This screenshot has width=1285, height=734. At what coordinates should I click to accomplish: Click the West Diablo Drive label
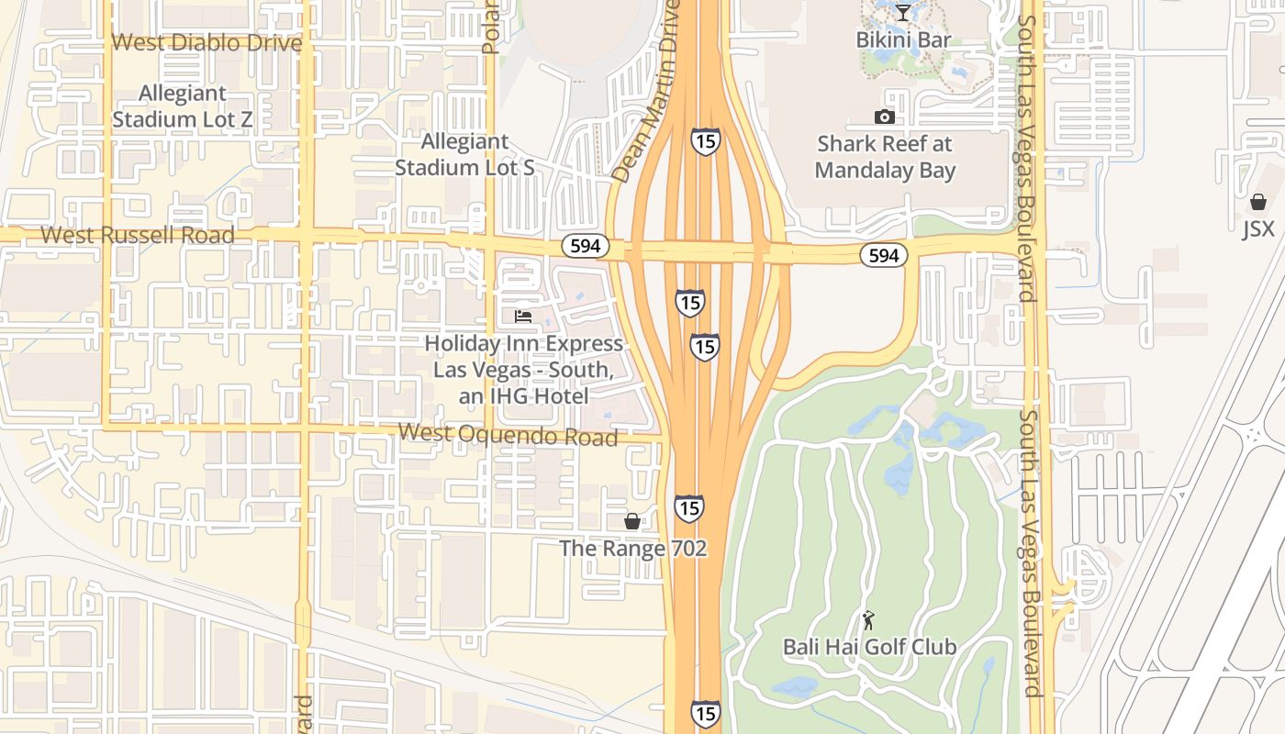point(207,43)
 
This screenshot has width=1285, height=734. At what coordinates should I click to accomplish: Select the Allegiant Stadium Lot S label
point(464,155)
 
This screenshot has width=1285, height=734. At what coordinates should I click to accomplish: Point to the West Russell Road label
point(138,235)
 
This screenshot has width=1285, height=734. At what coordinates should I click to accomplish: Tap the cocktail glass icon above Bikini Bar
point(903,13)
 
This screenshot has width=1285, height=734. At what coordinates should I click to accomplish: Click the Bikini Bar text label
point(903,39)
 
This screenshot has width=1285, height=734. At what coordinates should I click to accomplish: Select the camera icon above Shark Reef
point(885,117)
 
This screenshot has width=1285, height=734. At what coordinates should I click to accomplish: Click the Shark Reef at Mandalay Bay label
point(885,157)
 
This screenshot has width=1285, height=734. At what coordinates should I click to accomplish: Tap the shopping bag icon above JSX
point(1258,202)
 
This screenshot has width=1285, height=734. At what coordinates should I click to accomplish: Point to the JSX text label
point(1258,228)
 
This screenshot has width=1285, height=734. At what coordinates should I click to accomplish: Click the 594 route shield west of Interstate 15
point(585,246)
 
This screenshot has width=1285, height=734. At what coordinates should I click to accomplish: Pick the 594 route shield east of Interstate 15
point(883,255)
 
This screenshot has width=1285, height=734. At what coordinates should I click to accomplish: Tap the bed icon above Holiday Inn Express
point(523,317)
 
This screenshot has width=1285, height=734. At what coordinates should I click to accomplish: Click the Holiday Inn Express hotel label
point(523,369)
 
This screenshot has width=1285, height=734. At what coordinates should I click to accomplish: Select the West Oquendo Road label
point(508,435)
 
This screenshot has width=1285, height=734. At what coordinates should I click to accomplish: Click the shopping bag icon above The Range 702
point(632,521)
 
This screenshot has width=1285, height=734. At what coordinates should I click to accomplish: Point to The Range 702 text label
point(633,549)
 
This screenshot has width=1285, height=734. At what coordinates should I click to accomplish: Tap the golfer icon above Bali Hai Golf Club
point(868,620)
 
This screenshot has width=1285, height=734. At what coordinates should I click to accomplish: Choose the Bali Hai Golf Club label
point(869,647)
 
